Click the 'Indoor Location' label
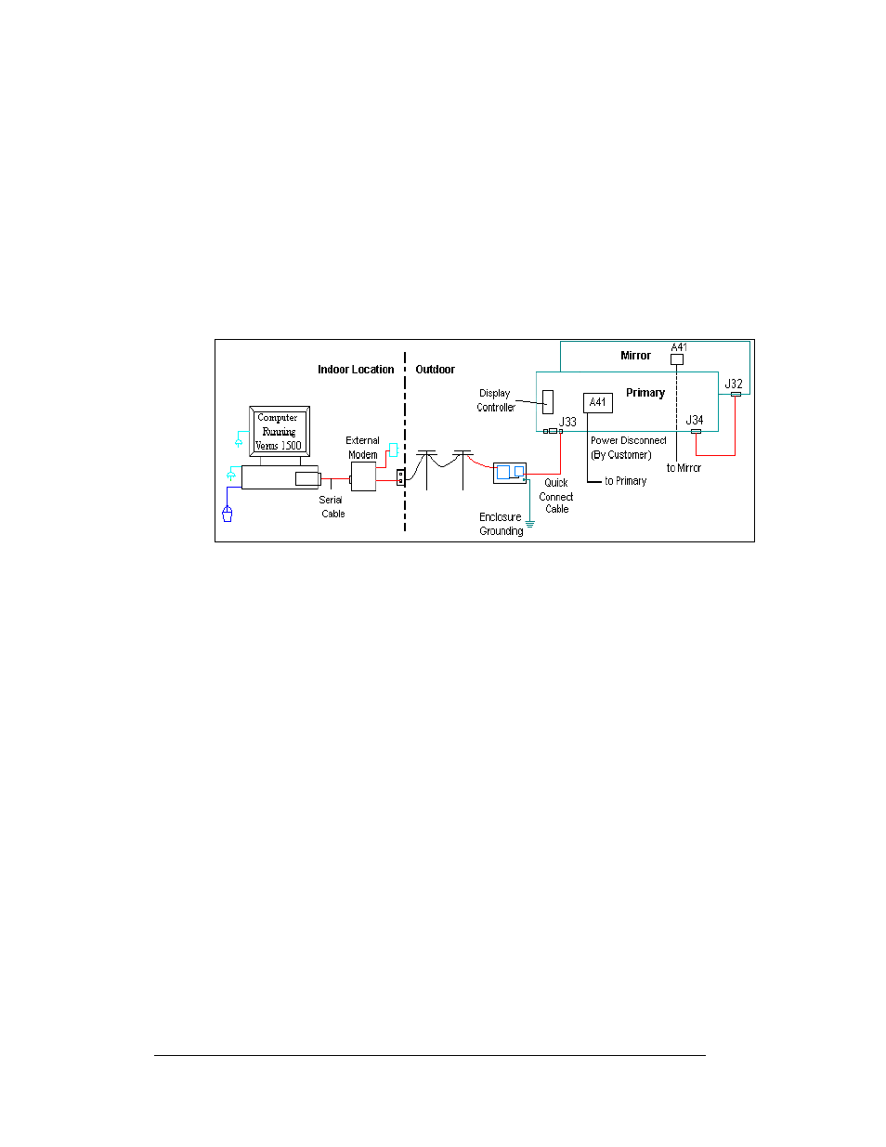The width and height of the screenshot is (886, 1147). (x=356, y=370)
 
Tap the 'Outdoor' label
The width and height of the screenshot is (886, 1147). (x=435, y=370)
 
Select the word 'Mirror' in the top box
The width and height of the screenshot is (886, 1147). (x=635, y=356)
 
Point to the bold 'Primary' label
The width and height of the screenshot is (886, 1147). (x=645, y=393)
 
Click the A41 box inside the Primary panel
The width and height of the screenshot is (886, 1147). (x=598, y=403)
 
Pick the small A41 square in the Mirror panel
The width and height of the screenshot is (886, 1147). (x=677, y=359)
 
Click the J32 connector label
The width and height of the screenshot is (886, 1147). (x=734, y=384)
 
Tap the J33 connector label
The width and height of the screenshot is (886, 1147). (x=567, y=422)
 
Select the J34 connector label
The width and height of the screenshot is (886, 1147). (x=695, y=421)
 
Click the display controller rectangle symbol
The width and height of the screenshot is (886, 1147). (x=548, y=402)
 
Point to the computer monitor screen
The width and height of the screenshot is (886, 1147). (x=279, y=431)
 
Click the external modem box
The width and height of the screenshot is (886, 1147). (x=363, y=477)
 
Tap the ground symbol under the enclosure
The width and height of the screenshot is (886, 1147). (x=530, y=524)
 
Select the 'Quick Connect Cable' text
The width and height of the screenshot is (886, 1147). (x=556, y=496)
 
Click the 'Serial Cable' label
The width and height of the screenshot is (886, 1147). (x=332, y=506)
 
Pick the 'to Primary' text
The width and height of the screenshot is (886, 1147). (x=625, y=481)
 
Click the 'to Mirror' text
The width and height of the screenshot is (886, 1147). (x=684, y=468)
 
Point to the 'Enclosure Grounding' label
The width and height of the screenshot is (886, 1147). (x=502, y=524)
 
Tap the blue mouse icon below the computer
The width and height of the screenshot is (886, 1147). (x=228, y=513)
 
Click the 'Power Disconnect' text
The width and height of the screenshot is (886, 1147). (x=629, y=440)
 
